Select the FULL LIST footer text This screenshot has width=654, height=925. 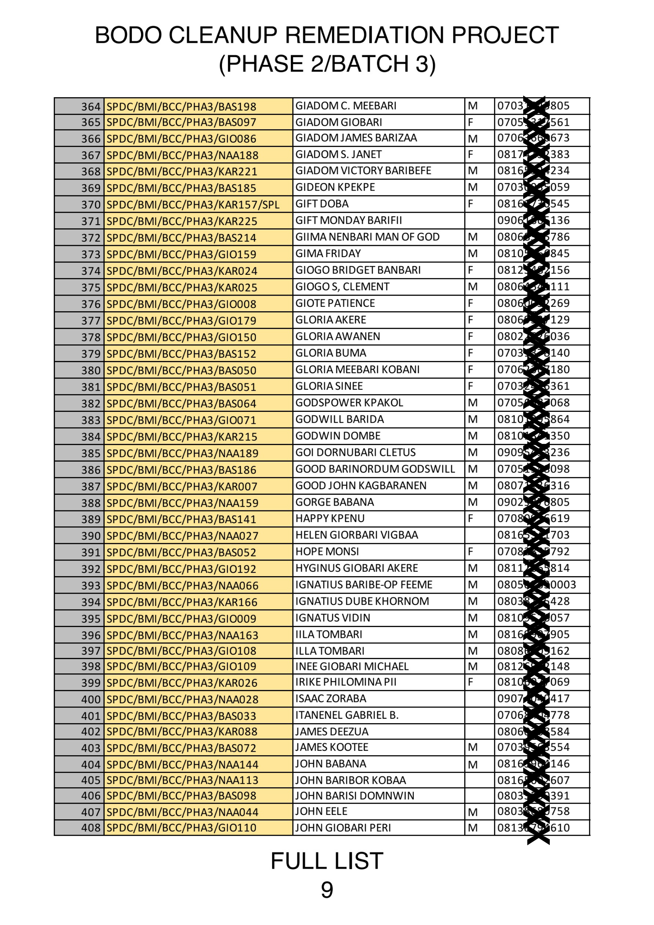(x=327, y=861)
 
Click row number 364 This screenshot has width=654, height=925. (x=90, y=106)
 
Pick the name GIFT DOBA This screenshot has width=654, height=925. (x=322, y=204)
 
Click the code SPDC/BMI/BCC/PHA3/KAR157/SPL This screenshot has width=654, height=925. (x=192, y=205)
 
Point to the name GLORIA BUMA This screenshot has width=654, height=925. (x=331, y=353)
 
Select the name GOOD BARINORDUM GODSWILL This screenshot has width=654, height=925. (x=375, y=469)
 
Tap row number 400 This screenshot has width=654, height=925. (x=90, y=699)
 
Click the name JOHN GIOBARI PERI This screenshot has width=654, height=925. (x=343, y=827)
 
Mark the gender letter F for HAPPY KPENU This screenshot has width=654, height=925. (x=470, y=518)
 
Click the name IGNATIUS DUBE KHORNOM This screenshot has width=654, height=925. (x=362, y=601)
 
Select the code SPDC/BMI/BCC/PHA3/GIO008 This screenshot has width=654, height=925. (x=181, y=304)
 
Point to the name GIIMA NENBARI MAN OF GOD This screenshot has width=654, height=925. (x=367, y=237)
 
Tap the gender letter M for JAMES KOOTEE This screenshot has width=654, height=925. (x=472, y=747)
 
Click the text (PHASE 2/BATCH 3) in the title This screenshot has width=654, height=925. (x=327, y=64)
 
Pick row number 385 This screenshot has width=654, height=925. (x=90, y=453)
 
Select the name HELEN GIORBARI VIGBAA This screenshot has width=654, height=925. (x=356, y=535)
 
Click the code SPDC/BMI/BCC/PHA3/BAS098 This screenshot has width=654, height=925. (x=181, y=796)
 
